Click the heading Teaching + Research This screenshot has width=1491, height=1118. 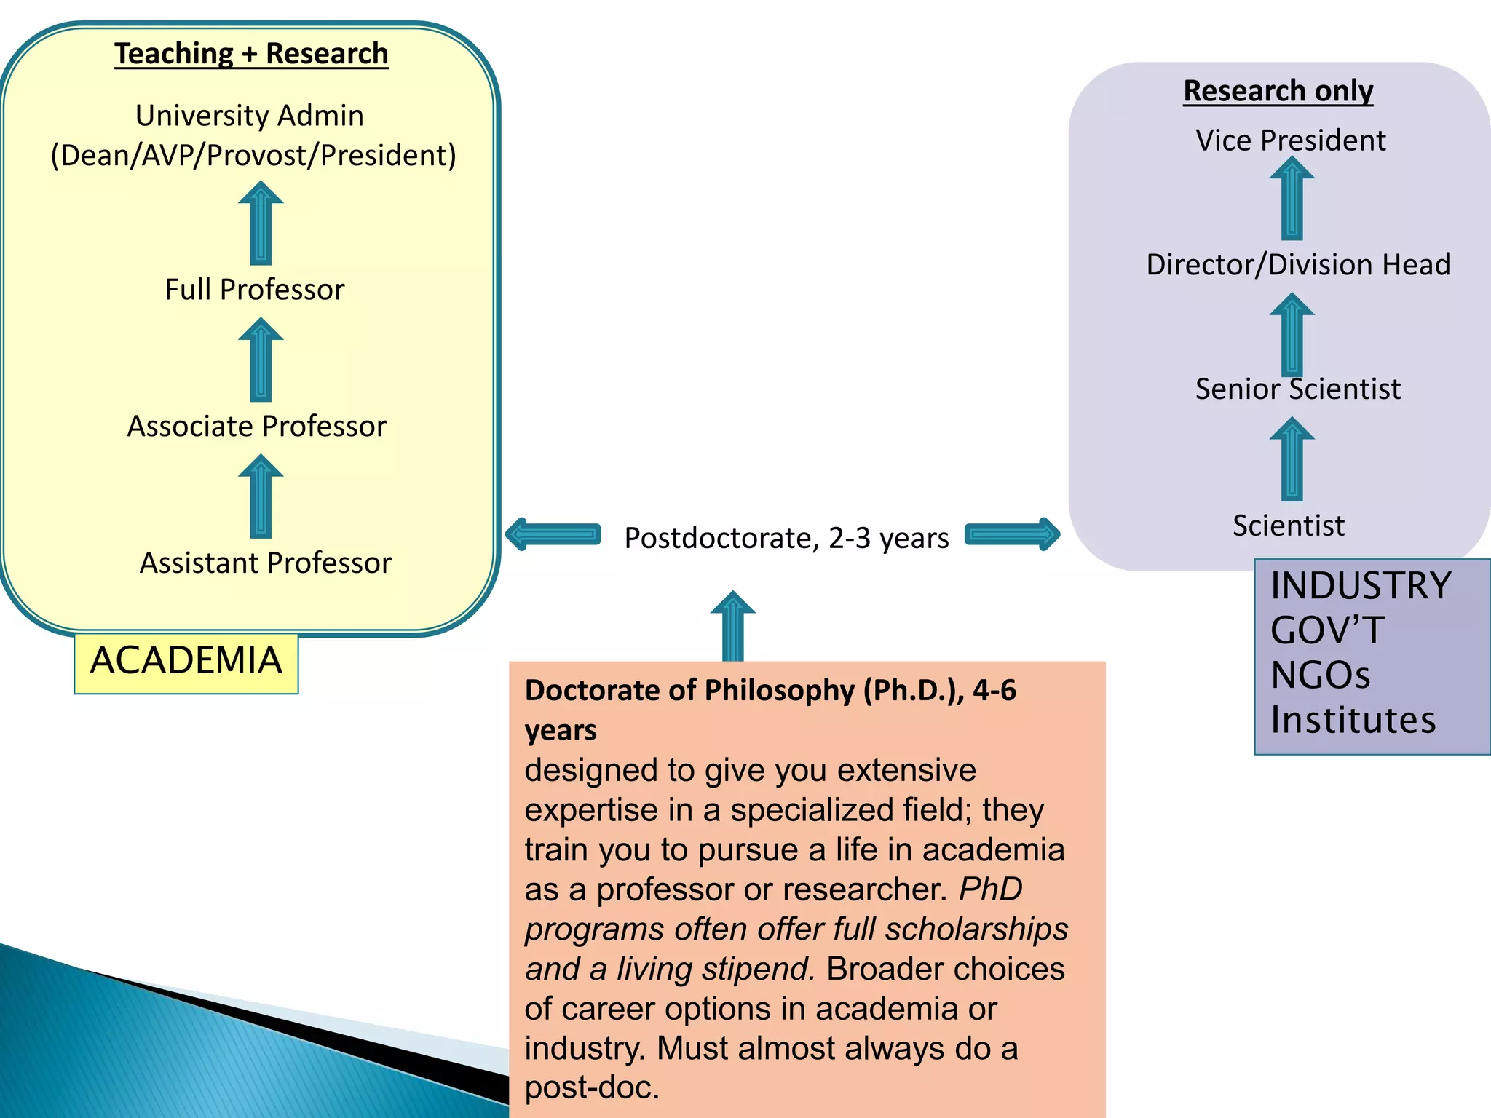pos(251,54)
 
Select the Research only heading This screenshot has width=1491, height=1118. pos(1278,91)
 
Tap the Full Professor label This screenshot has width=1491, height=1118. pos(254,290)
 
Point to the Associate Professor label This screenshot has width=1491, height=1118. pos(256,427)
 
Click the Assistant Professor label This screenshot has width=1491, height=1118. pos(265,563)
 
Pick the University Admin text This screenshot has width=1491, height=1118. pos(250,116)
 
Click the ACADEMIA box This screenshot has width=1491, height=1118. pos(186,662)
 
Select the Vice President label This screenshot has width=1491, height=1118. pos(1290,140)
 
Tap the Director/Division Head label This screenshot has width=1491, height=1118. pos(1298,265)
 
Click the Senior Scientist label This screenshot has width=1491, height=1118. pos(1297,389)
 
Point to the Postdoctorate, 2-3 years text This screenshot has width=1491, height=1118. pos(786,539)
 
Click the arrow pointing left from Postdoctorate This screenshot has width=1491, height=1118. pos(553,535)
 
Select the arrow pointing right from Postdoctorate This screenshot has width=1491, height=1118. pos(1012,535)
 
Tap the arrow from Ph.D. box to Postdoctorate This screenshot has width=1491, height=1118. pos(732,626)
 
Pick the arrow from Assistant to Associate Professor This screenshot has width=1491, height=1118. pos(261,497)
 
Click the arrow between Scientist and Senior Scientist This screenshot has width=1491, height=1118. pos(1292,459)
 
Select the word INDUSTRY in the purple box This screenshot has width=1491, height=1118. pos(1361,586)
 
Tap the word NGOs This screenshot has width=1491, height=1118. pos(1320,675)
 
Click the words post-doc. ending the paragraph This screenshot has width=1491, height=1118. pos(592,1087)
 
